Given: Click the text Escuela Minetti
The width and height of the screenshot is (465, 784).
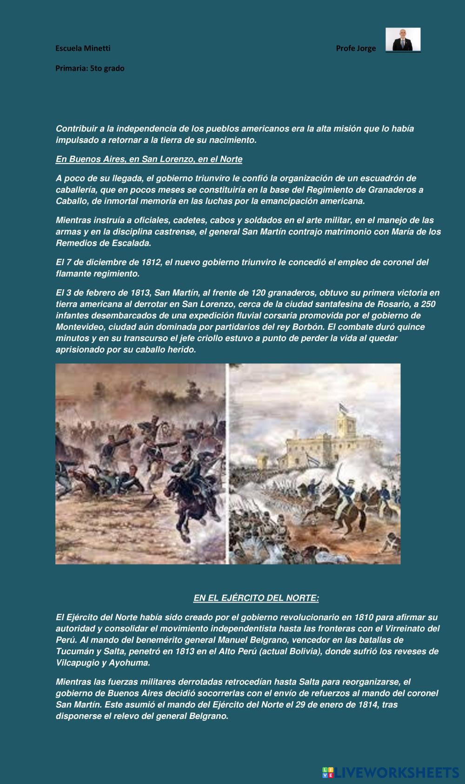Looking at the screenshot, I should [x=83, y=48].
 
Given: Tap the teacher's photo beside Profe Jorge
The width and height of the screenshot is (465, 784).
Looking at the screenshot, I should [x=403, y=40].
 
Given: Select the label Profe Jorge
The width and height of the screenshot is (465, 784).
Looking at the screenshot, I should [x=356, y=48].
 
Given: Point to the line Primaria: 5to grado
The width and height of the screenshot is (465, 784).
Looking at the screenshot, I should [x=90, y=68].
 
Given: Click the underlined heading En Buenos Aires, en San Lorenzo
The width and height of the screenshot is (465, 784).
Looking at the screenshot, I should [x=149, y=159].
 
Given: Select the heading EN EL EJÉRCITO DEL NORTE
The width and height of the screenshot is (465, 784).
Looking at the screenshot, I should [x=256, y=598].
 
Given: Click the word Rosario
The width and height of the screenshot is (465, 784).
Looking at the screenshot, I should [x=331, y=304].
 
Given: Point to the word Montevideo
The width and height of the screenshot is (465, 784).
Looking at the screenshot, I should [x=77, y=327].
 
